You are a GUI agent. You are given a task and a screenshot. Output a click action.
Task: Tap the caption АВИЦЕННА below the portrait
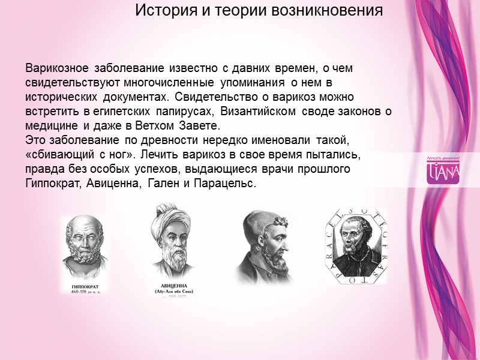pyautogui.click(x=173, y=286)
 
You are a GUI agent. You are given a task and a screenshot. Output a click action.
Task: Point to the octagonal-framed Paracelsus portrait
pyautogui.click(x=356, y=246)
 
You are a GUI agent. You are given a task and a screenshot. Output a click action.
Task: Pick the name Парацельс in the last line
pyautogui.click(x=224, y=184)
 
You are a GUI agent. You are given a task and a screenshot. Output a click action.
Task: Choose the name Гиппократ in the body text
pyautogui.click(x=52, y=184)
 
